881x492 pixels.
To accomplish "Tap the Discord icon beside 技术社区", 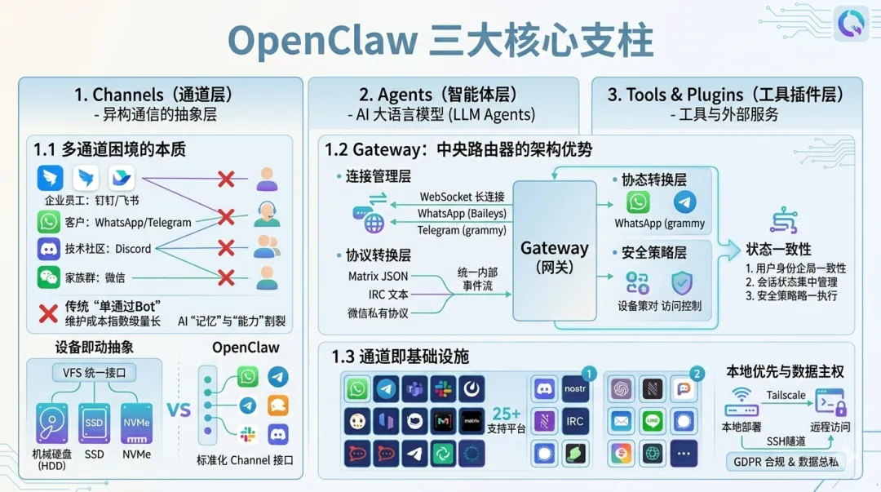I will [49, 249].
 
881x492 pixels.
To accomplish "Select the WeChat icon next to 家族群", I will [49, 277].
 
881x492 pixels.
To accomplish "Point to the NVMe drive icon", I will [136, 423].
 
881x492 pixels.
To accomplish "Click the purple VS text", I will [178, 409].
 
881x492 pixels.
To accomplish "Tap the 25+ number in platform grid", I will [506, 414].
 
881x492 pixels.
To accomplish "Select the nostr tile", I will [575, 389].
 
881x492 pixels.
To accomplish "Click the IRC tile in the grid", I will [575, 421].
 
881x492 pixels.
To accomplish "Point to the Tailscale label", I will [786, 395].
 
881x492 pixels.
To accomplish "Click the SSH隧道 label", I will [786, 441].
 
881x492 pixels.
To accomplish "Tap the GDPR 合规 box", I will [786, 463].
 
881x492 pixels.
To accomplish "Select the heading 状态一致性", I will [778, 249].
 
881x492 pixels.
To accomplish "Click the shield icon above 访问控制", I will [681, 283].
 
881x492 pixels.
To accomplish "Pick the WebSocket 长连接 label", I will [462, 197].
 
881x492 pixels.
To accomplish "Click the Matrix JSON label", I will [378, 277].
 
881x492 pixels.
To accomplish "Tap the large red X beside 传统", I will [48, 313].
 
